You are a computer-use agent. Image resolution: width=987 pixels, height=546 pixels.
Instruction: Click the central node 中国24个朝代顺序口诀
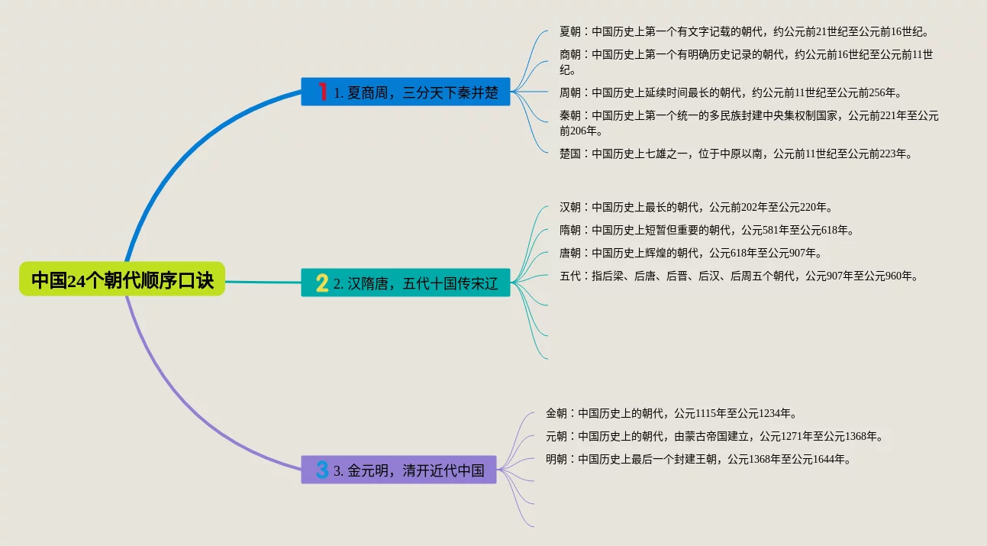coord(122,279)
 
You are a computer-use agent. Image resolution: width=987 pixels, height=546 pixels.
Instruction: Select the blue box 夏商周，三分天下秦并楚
coord(405,92)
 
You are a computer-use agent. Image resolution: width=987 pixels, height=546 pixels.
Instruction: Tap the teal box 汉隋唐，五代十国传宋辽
coord(405,284)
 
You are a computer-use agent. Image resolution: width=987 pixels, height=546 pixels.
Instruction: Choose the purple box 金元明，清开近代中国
coord(398,470)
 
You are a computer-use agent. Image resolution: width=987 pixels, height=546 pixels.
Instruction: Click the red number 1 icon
coord(323,92)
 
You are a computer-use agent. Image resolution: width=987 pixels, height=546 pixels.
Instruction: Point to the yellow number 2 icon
coord(322,284)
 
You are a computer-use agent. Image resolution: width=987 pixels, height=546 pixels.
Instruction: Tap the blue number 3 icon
coord(322,470)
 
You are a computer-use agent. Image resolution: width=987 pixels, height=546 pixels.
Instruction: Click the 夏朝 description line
coord(743,32)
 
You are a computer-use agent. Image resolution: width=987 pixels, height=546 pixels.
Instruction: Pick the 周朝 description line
coord(731,93)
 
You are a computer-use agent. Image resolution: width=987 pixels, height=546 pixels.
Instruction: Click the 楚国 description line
coord(736,153)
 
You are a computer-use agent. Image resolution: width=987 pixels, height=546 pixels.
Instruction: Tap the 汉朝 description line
coord(695,207)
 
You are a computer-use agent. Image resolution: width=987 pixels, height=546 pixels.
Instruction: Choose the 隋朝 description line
coord(706,230)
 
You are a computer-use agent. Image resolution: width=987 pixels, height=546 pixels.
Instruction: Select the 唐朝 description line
coord(690,253)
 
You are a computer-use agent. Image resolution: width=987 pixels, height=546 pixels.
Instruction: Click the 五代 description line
coord(738,276)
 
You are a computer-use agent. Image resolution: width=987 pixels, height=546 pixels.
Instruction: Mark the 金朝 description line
coord(671,413)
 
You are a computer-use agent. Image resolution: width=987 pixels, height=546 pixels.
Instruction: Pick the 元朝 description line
coord(714,436)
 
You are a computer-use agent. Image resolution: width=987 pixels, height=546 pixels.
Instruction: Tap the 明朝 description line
coord(698,459)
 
